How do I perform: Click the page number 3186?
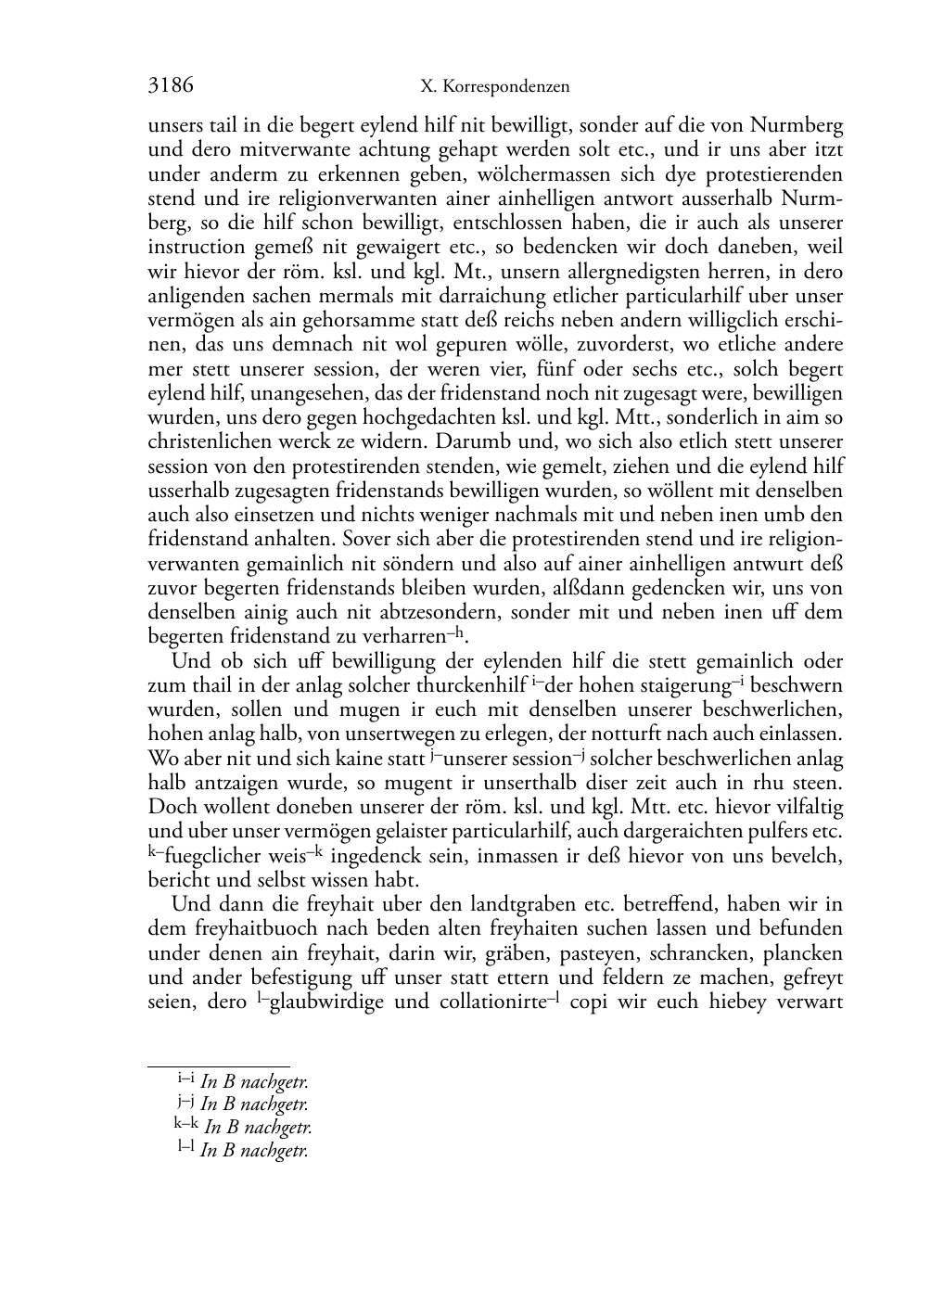pos(171,86)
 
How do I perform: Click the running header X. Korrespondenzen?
pos(494,87)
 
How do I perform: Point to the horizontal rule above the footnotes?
pos(219,1066)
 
